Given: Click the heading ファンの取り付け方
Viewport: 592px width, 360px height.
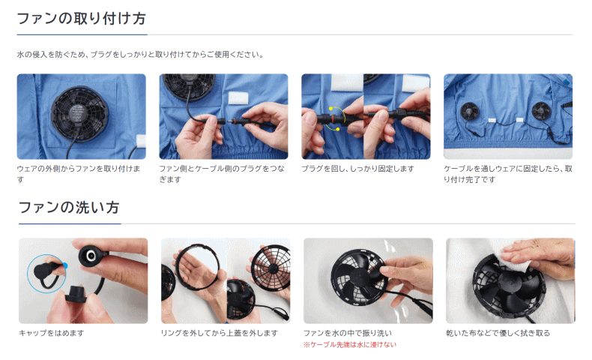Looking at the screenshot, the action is pos(82,19).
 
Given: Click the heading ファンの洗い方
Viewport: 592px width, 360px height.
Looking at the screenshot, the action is pos(69,208).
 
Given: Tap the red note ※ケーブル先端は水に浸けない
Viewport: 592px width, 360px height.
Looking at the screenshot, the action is pos(350,344).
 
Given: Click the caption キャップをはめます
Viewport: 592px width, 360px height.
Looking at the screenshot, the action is pos(52,333).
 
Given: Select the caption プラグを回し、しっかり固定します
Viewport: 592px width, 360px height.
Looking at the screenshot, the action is pos(357,169).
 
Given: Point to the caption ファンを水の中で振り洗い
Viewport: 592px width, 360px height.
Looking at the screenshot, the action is pos(348,333).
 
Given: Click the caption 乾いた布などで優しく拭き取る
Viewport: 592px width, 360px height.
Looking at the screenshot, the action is pos(498,333).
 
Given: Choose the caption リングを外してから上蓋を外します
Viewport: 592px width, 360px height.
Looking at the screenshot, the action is pos(220,333).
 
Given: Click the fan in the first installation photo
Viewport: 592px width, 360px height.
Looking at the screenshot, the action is pos(79,113).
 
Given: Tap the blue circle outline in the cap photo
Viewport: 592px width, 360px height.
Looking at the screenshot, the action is pos(28,274).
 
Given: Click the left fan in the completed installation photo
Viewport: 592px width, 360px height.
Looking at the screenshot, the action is pos(469,110).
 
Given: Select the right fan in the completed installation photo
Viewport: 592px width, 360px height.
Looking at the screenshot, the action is pos(541,110).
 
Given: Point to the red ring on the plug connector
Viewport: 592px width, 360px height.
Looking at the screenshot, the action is pos(333,118).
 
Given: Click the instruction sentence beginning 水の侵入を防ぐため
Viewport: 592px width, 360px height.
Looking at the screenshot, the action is pos(140,55).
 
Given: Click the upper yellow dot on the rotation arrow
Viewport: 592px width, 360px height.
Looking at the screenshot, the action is pos(330,109).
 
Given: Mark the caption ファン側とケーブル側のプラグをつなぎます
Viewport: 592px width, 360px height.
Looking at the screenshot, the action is pos(222,174).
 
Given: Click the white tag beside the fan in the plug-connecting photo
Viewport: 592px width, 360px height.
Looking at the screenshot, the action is pos(238,98).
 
